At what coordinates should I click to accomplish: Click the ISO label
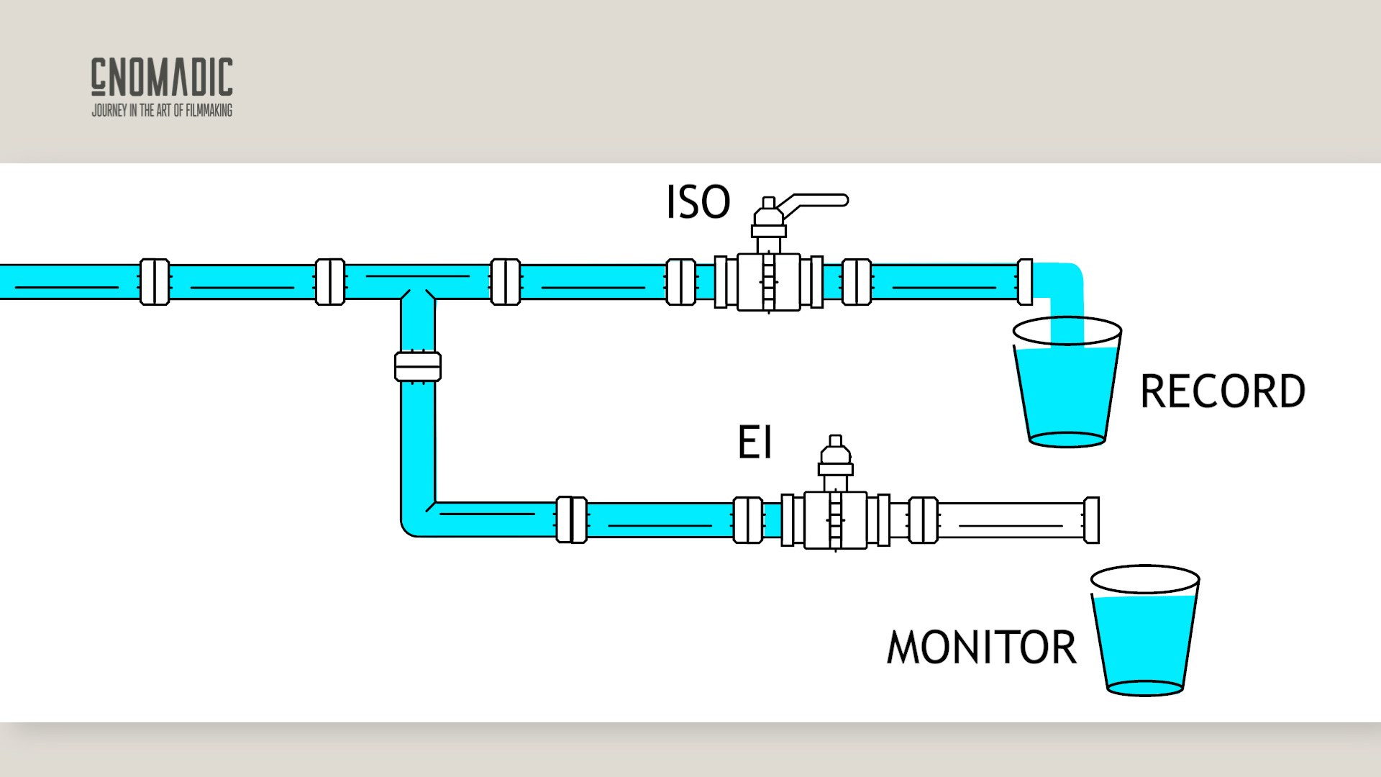(x=698, y=202)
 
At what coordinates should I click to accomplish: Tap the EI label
(x=755, y=442)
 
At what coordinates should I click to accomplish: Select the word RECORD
(x=1222, y=392)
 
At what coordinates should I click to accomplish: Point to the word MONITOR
(x=982, y=647)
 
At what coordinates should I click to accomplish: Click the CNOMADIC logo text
(x=162, y=77)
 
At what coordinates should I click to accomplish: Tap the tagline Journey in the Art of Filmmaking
(x=162, y=110)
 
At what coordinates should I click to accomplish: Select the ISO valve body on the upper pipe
(x=768, y=282)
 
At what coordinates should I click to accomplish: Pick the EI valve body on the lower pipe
(x=835, y=520)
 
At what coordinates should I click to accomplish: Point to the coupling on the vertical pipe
(x=418, y=366)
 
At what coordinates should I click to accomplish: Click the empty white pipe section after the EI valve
(x=1011, y=520)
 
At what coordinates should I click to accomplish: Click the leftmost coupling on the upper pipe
(x=154, y=282)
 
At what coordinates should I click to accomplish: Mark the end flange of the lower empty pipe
(x=1091, y=520)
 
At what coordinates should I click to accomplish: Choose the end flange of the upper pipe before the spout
(x=1025, y=282)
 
